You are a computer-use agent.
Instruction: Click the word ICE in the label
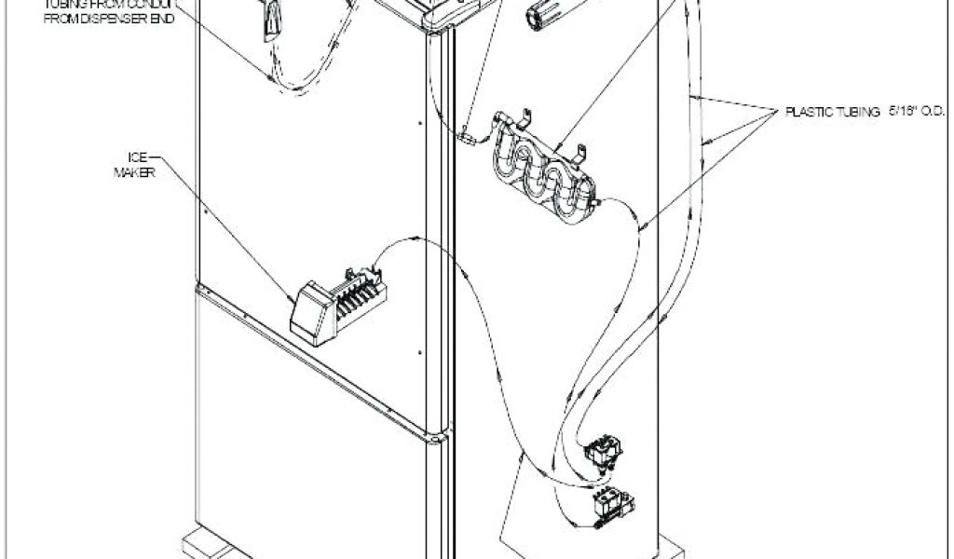click(x=137, y=157)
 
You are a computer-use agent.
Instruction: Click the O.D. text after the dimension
click(x=935, y=112)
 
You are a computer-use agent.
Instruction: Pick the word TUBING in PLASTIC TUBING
click(x=859, y=112)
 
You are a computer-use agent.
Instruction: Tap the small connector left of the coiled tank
click(x=466, y=137)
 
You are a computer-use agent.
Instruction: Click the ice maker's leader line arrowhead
click(x=290, y=299)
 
